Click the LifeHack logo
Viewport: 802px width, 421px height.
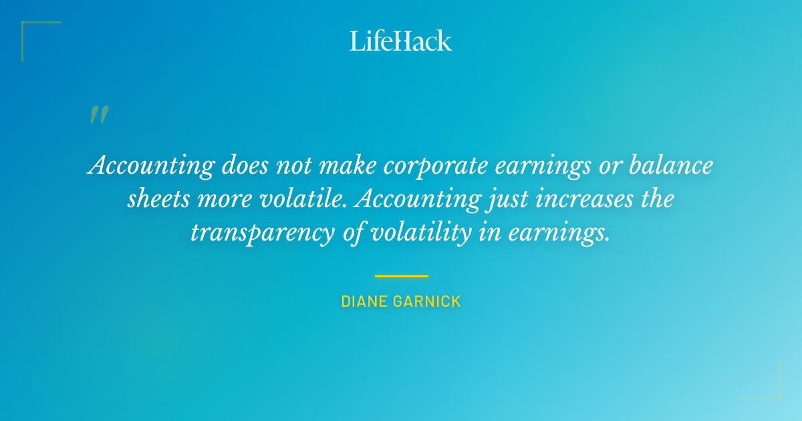coord(400,41)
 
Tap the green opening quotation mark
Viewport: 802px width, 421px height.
coord(98,115)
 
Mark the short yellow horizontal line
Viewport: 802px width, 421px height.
coord(401,275)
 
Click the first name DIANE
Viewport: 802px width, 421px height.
coord(365,301)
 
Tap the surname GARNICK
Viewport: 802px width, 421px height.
coord(428,301)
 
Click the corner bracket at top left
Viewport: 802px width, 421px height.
coord(27,27)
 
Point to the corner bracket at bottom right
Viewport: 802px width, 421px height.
coord(775,394)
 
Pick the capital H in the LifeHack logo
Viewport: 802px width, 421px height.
coord(402,41)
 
